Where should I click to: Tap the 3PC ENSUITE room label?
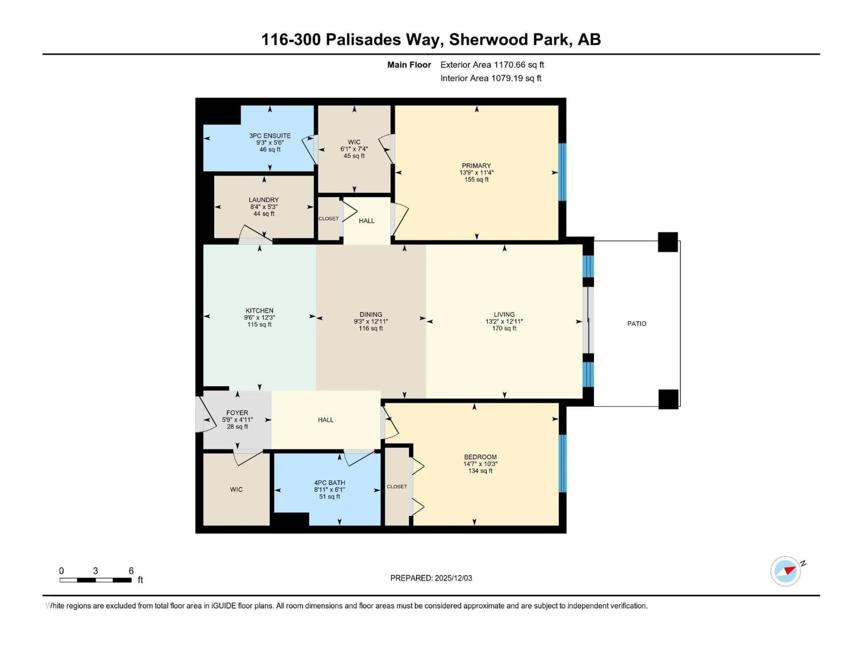[270, 135]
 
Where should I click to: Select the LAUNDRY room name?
[264, 200]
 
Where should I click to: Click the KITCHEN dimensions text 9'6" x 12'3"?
[259, 317]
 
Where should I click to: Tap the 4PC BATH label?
[330, 482]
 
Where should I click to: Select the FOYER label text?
[237, 412]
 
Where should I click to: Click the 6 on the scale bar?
[131, 571]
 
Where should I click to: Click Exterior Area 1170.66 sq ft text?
[492, 65]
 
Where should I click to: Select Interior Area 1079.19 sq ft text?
[491, 78]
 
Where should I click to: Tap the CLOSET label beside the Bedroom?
[397, 486]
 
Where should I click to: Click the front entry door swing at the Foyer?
[205, 415]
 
